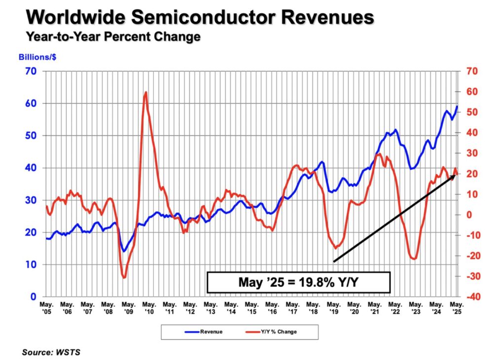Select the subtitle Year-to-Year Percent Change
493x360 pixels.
coord(113,37)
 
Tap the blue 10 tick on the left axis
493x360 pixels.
coord(32,265)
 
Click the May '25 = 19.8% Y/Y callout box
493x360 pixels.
coord(298,283)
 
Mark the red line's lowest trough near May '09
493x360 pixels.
coord(124,278)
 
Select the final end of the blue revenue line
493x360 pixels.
coord(457,106)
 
